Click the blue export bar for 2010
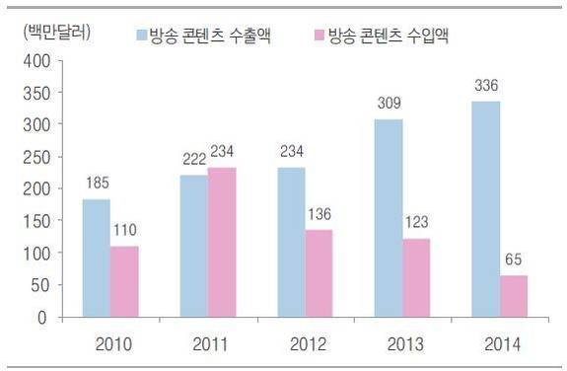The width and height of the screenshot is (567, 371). [x=96, y=259]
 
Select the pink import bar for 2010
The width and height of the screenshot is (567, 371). [x=124, y=282]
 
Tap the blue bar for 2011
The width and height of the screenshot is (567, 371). [x=194, y=247]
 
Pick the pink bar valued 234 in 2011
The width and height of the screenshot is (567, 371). [x=223, y=243]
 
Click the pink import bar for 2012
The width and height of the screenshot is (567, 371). [x=318, y=274]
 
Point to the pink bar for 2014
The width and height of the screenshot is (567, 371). [x=513, y=297]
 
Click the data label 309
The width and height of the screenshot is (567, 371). [x=389, y=103]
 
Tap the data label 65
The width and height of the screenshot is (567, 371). [x=514, y=260]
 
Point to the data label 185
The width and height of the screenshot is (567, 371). [x=97, y=183]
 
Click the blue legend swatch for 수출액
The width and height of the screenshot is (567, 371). [x=140, y=37]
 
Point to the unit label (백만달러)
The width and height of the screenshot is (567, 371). [x=55, y=31]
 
